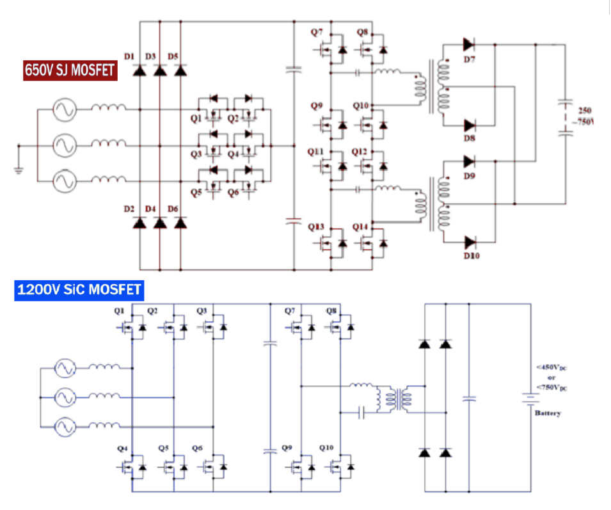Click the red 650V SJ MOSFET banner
[70, 69]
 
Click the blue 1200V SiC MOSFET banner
[78, 290]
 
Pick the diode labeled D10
[470, 242]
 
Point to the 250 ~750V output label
[585, 116]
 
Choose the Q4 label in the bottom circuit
[120, 448]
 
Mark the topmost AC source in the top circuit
[65, 110]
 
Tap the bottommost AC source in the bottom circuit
[65, 427]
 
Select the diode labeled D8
[470, 125]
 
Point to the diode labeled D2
[140, 223]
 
